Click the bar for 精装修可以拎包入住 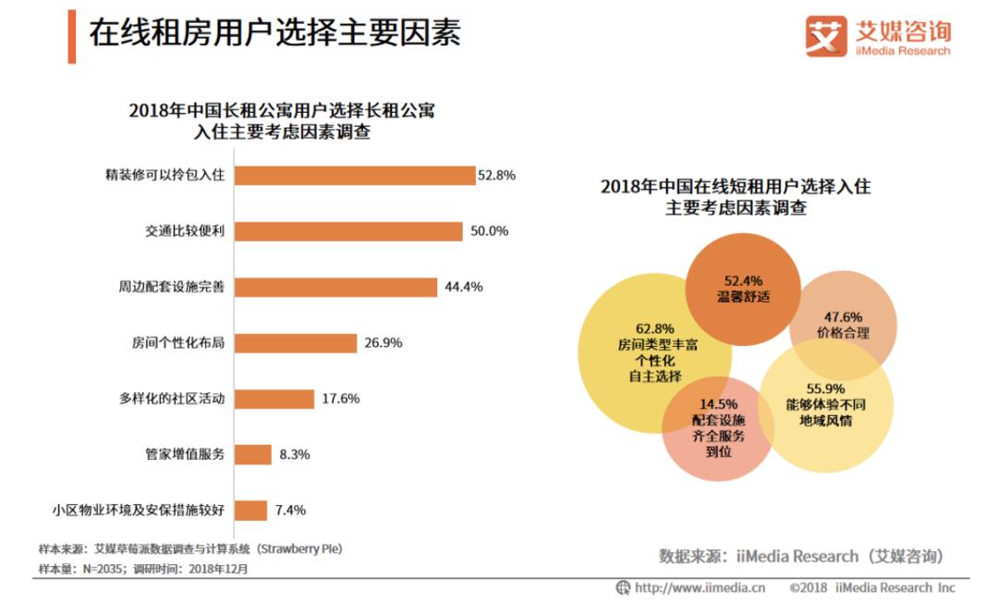pos(355,175)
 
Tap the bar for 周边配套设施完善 pos(335,287)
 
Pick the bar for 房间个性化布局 pos(295,343)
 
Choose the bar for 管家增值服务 pos(252,454)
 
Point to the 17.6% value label pos(341,399)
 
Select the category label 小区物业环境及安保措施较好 pos(139,510)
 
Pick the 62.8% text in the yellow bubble pos(654,327)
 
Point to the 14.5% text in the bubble pos(718,404)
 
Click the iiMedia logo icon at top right pos(825,36)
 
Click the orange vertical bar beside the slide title pos(71,36)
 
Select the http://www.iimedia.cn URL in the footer pos(700,587)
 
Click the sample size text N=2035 pos(101,568)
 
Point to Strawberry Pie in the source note pos(301,548)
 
